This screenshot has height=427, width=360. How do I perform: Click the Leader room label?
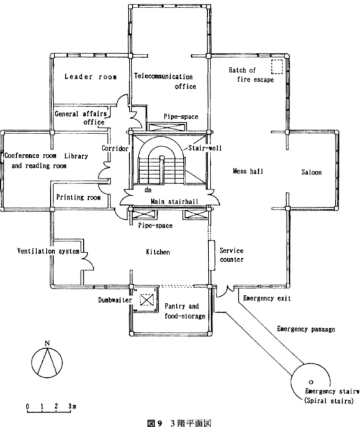(91, 77)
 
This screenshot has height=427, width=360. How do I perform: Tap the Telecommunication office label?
(164, 81)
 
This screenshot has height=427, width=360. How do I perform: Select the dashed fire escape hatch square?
(277, 67)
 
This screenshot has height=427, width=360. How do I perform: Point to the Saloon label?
(311, 172)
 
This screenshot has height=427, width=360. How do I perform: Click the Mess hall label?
(248, 171)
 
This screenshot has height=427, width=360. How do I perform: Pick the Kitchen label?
(158, 252)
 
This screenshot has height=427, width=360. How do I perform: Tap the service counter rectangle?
(212, 255)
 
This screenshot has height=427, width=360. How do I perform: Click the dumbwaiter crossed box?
(146, 300)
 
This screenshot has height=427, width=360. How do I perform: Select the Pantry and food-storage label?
(184, 311)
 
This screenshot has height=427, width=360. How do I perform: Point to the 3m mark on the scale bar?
(72, 407)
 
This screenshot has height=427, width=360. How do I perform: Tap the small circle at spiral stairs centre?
(311, 382)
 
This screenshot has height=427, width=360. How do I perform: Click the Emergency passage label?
(306, 329)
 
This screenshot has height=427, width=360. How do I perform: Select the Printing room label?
(78, 197)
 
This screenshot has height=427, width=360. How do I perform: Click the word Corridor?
(115, 148)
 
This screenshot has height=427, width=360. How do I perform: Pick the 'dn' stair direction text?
(148, 190)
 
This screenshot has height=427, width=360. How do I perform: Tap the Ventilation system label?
(48, 251)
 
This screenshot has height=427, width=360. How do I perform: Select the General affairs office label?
(80, 118)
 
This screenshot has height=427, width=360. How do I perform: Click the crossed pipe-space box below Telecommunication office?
(167, 127)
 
